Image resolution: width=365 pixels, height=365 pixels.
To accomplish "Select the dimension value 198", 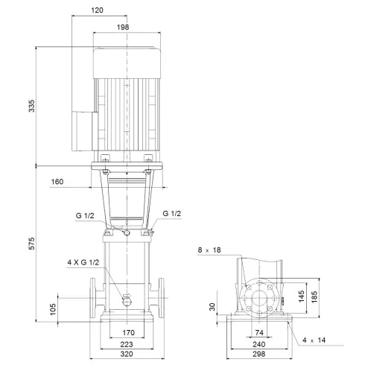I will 124,27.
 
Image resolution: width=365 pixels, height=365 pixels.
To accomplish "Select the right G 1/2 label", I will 172,215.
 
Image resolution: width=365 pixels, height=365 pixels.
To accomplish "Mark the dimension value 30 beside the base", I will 212,307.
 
